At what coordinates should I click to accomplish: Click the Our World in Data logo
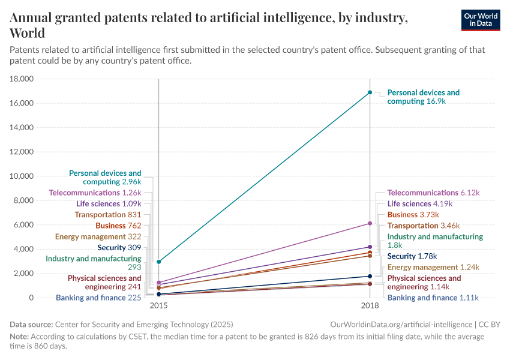(481, 20)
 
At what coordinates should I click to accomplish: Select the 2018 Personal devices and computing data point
(370, 92)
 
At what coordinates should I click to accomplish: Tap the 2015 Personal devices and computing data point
(159, 262)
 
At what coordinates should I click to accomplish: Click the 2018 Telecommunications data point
(370, 223)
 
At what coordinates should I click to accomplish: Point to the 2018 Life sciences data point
(370, 247)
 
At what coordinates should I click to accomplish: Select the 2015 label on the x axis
(159, 306)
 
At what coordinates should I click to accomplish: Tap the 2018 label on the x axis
(370, 306)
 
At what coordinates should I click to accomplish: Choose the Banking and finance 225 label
(98, 298)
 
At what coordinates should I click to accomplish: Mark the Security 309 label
(119, 247)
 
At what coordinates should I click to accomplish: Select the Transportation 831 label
(108, 214)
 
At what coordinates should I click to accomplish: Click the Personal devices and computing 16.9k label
(424, 97)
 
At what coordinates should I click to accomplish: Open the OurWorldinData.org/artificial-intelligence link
(401, 324)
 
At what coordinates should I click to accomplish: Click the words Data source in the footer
(31, 324)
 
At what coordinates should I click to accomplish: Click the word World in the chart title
(28, 32)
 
